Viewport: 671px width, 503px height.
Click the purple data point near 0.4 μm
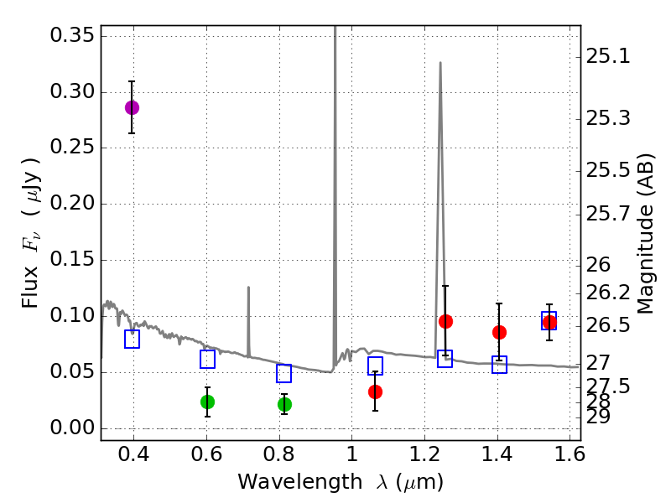(x=132, y=107)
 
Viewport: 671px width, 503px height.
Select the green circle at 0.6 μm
(x=207, y=402)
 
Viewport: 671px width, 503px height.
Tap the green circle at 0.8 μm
(x=284, y=404)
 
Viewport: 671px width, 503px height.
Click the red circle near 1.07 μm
(x=375, y=392)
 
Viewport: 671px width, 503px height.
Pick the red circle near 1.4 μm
(x=499, y=332)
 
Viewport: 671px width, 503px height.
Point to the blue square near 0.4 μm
(x=132, y=339)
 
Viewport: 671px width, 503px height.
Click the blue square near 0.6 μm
(x=207, y=359)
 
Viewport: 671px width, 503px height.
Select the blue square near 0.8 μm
(x=283, y=373)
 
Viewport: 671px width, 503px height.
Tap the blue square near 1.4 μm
(x=499, y=364)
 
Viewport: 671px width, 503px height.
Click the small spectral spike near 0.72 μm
(x=248, y=289)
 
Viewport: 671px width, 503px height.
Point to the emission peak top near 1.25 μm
(x=440, y=63)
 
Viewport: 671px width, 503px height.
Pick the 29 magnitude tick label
(x=601, y=417)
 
